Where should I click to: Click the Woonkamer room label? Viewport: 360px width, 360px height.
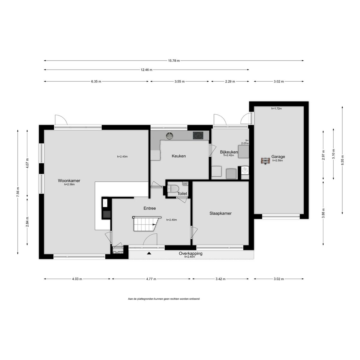pyautogui.click(x=69, y=181)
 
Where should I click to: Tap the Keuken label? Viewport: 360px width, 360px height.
pyautogui.click(x=178, y=156)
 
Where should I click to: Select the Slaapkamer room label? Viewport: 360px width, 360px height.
pyautogui.click(x=220, y=213)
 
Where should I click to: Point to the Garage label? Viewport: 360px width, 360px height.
pyautogui.click(x=278, y=157)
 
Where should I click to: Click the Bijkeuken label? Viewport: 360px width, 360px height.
pyautogui.click(x=229, y=152)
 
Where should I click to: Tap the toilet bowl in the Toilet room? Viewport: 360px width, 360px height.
pyautogui.click(x=173, y=188)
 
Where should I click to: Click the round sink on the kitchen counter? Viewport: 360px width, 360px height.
pyautogui.click(x=169, y=135)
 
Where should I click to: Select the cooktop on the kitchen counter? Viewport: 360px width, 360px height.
pyautogui.click(x=198, y=135)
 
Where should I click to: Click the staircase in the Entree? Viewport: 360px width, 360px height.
pyautogui.click(x=147, y=224)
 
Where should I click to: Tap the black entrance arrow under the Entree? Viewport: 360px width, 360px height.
pyautogui.click(x=149, y=253)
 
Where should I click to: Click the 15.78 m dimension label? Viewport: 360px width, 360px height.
pyautogui.click(x=174, y=61)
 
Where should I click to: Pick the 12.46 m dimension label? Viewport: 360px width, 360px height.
pyautogui.click(x=146, y=70)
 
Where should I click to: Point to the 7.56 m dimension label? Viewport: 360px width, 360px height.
pyautogui.click(x=18, y=192)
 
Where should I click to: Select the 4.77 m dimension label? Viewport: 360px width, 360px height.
pyautogui.click(x=151, y=279)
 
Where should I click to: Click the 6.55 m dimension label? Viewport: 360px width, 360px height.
pyautogui.click(x=342, y=160)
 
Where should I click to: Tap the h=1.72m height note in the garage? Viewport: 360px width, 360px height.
pyautogui.click(x=277, y=109)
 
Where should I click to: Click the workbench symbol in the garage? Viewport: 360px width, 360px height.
pyautogui.click(x=265, y=161)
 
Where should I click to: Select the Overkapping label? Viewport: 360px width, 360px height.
pyautogui.click(x=190, y=253)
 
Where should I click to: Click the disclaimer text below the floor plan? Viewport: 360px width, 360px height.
pyautogui.click(x=164, y=299)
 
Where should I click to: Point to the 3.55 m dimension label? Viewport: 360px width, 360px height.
pyautogui.click(x=179, y=82)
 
